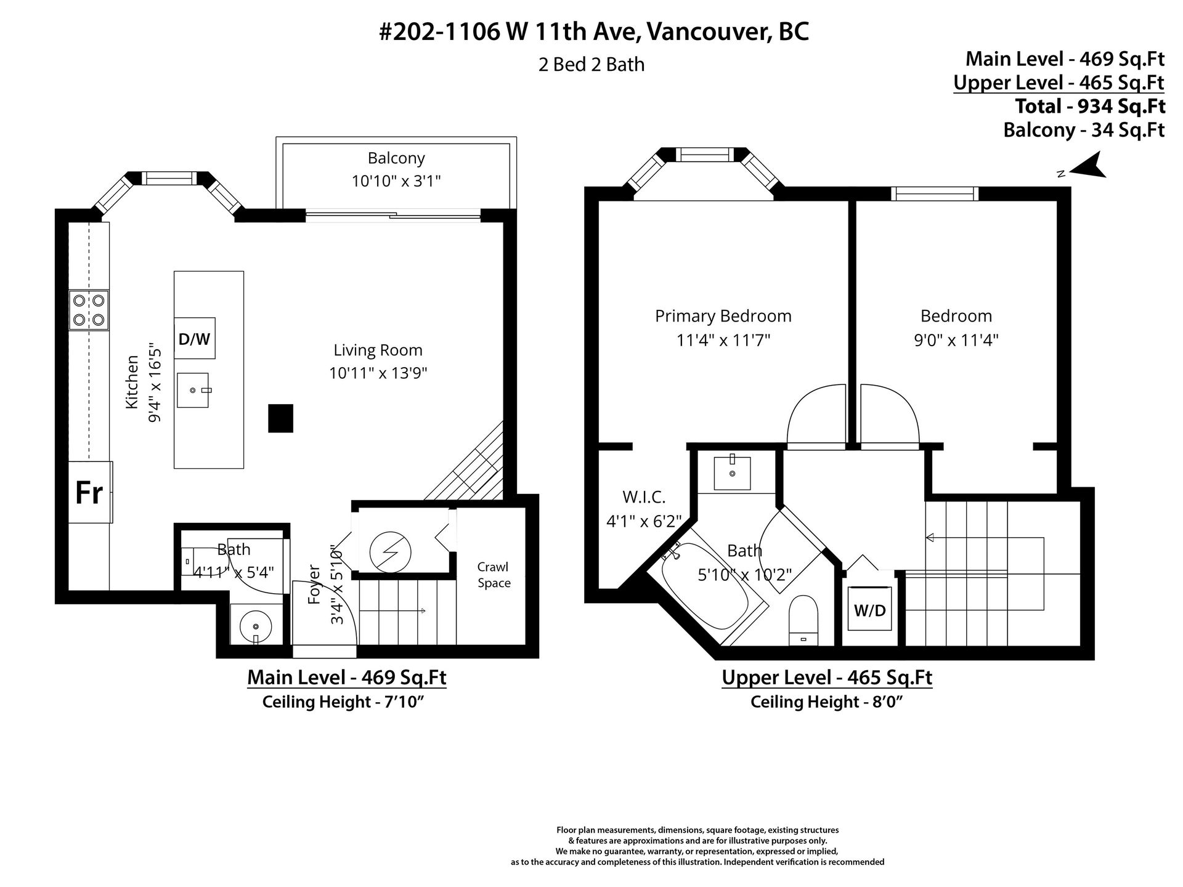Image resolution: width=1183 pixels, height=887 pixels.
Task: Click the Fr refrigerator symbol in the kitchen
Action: [90, 492]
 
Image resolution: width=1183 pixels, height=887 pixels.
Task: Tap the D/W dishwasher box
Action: [195, 338]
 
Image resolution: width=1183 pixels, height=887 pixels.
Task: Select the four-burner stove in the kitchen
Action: [89, 310]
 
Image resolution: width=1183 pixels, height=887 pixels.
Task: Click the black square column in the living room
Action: [280, 418]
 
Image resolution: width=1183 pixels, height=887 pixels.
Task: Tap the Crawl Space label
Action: [494, 575]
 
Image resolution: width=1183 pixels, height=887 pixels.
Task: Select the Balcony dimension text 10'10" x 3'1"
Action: [396, 181]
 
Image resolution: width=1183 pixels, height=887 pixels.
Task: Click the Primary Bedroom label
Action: [723, 317]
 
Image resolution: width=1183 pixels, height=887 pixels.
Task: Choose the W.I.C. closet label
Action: [644, 497]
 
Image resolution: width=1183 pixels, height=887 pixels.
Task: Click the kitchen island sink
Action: [193, 390]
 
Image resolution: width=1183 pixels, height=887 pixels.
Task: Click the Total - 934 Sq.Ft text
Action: [1090, 106]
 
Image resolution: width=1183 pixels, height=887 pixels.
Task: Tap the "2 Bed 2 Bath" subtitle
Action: [591, 64]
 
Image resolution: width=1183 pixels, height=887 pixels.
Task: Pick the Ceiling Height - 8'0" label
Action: [826, 702]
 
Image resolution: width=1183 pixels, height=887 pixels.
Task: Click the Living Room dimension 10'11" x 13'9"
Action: [378, 373]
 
